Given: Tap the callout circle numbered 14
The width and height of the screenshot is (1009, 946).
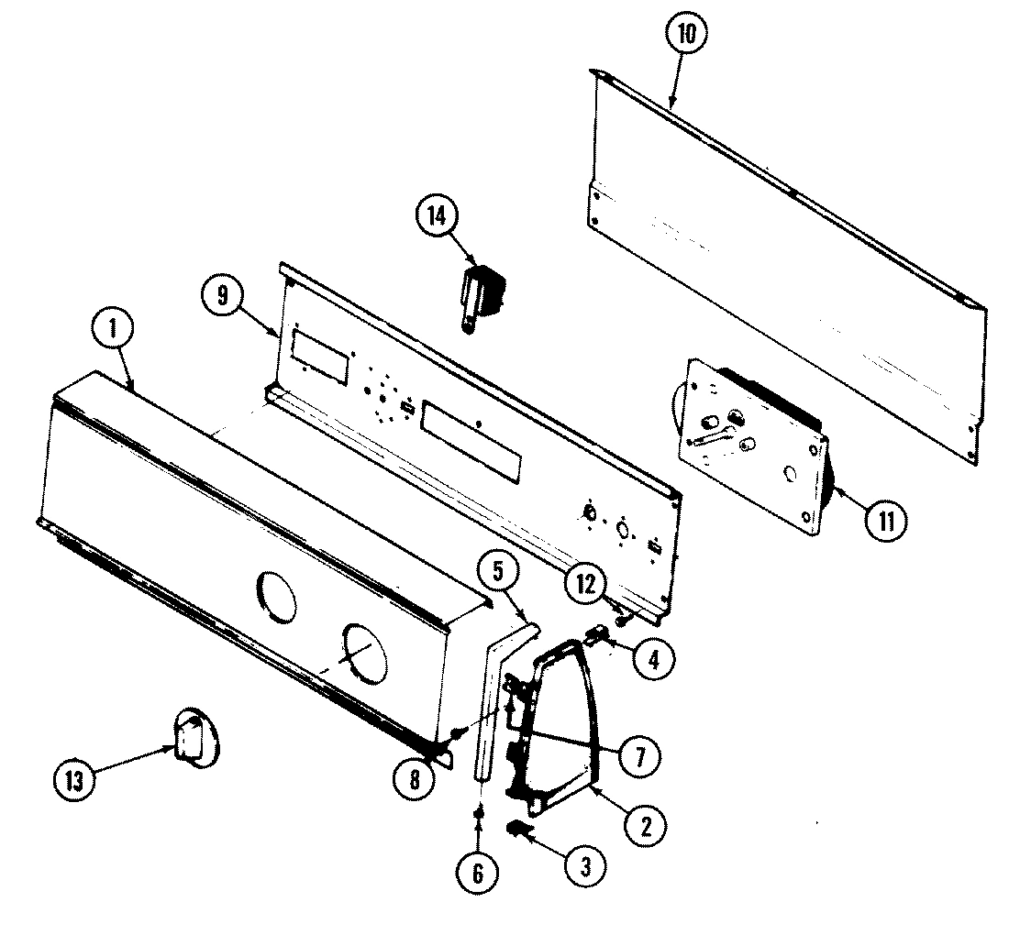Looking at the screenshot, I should coord(437,216).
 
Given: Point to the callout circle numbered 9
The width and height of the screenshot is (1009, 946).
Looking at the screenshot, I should coord(223,296).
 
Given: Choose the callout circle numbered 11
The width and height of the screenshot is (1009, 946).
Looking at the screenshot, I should coord(886,520).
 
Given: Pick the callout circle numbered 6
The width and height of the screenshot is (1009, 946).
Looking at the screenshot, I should coord(477,873).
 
